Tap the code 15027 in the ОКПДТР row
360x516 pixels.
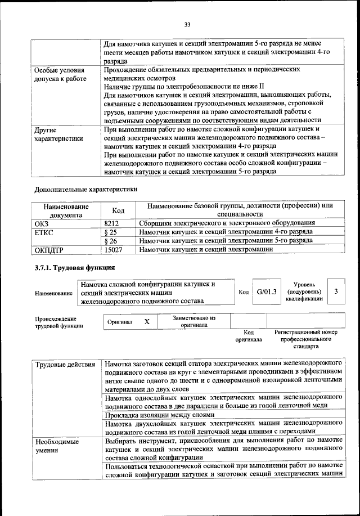[x=114, y=248]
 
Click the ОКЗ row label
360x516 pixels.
[x=43, y=223]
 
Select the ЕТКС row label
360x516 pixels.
[x=45, y=231]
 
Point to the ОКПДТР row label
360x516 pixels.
[x=51, y=248]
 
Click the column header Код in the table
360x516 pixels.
[x=118, y=210]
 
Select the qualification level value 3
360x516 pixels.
[x=336, y=291]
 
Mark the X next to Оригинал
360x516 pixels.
[x=147, y=321]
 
